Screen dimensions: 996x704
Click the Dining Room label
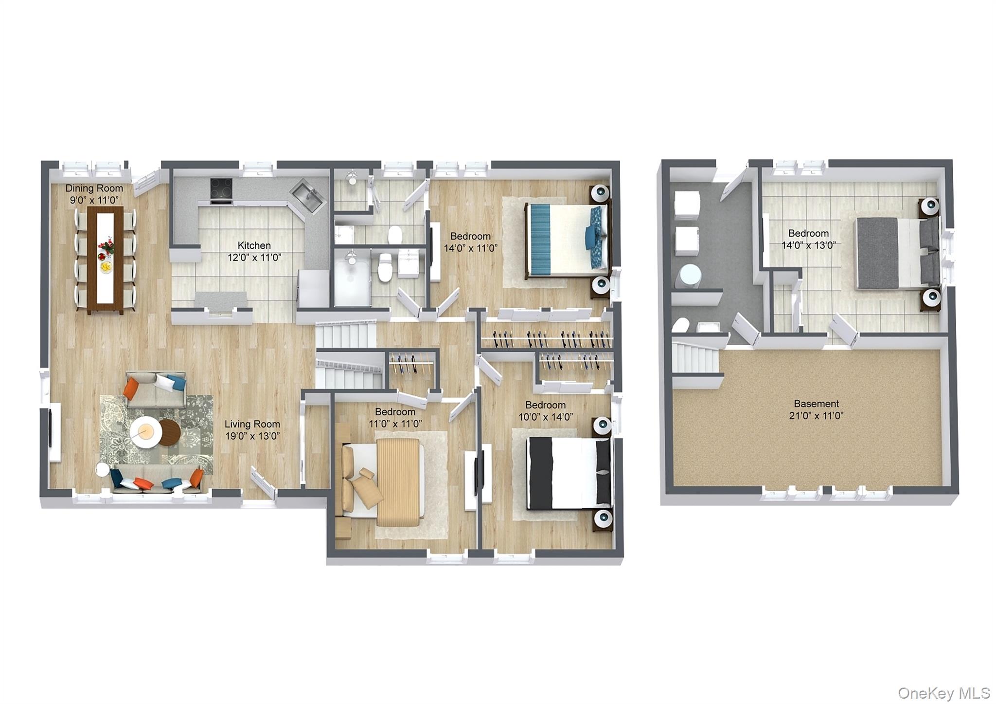94,188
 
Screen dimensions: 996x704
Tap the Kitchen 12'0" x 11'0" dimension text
254,258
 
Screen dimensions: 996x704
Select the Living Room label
252,424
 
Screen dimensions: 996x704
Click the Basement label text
816,404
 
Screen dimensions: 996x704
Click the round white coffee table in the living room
145,432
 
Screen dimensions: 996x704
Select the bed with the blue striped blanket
567,239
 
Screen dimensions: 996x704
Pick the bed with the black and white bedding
569,474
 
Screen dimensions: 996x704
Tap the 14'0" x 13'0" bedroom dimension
808,245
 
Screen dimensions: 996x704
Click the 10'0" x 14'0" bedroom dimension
545,417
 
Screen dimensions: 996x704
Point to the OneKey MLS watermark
944,693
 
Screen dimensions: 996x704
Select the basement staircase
695,356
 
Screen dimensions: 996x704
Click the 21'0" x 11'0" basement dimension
816,416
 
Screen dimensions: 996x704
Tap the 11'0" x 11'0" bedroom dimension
395,424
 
